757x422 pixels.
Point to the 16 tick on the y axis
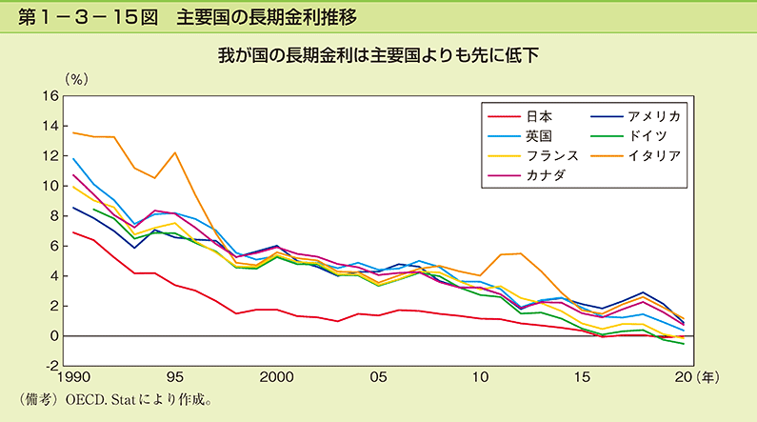[x=50, y=96]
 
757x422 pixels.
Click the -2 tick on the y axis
[x=50, y=366]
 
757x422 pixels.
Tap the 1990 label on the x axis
[x=73, y=377]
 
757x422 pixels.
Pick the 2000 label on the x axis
[x=275, y=377]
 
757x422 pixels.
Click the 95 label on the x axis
[x=175, y=377]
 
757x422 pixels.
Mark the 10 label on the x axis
[x=479, y=377]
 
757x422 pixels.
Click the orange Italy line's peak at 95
[x=175, y=152]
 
